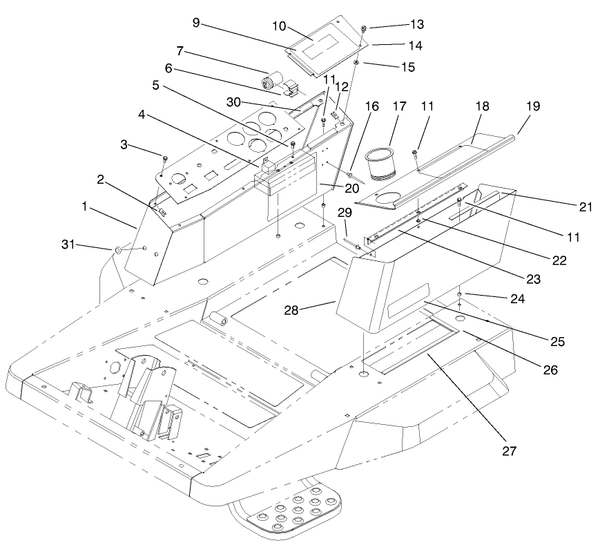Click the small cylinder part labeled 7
click(x=268, y=82)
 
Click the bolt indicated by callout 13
click(x=363, y=28)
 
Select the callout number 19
click(x=532, y=107)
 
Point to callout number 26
click(x=551, y=369)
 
